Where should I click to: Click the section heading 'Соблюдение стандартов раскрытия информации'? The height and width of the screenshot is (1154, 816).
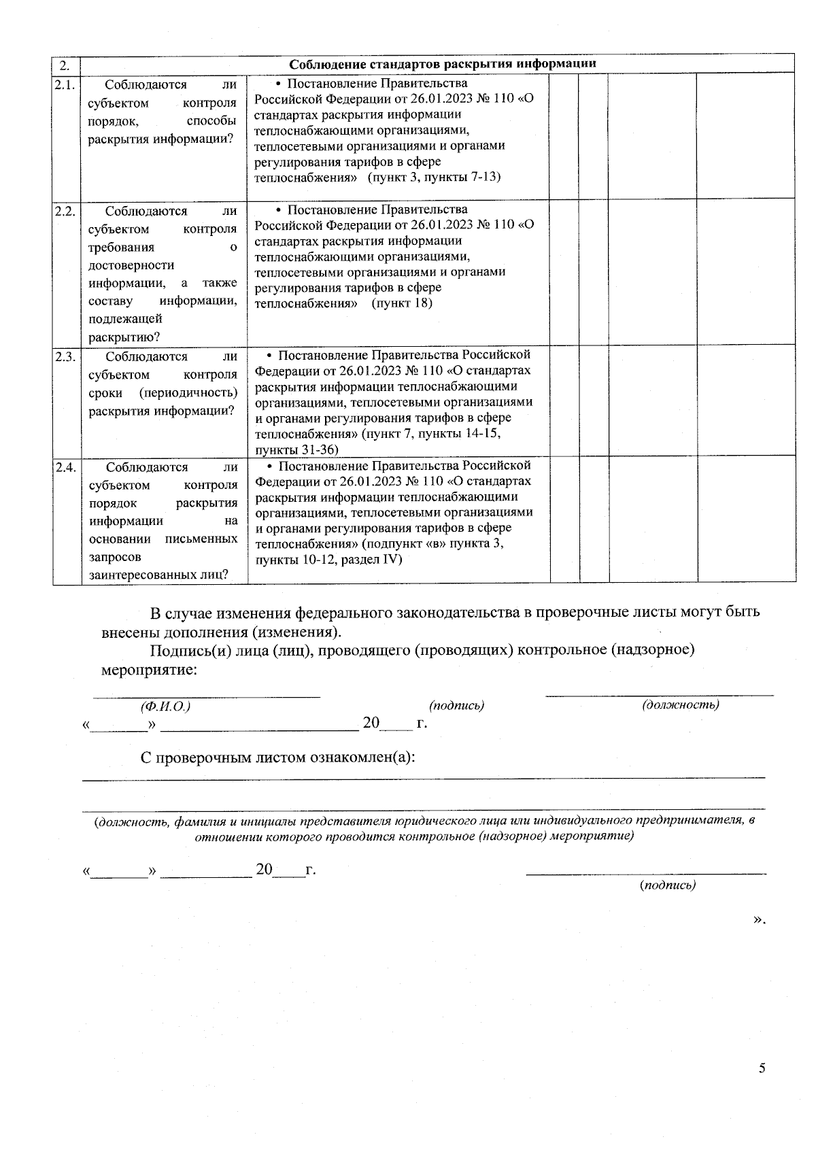[x=443, y=64]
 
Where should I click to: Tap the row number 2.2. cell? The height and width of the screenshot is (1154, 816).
[x=65, y=210]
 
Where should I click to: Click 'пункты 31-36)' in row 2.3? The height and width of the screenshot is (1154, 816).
[x=296, y=449]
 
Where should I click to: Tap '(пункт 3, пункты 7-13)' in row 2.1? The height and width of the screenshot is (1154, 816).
[x=434, y=177]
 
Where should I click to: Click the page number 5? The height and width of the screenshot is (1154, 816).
[x=762, y=1068]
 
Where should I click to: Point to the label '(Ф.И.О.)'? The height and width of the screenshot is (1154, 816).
[x=165, y=707]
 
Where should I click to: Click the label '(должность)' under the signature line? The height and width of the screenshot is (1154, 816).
[x=681, y=705]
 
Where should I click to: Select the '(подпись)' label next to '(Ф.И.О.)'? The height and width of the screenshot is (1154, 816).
[x=456, y=705]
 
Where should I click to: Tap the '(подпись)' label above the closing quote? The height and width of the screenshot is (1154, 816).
[x=668, y=885]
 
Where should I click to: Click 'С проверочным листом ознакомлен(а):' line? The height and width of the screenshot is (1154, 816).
[x=278, y=757]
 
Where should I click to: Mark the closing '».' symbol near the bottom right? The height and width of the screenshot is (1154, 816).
[x=759, y=919]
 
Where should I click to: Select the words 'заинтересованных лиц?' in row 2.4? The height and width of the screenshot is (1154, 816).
[x=158, y=575]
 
